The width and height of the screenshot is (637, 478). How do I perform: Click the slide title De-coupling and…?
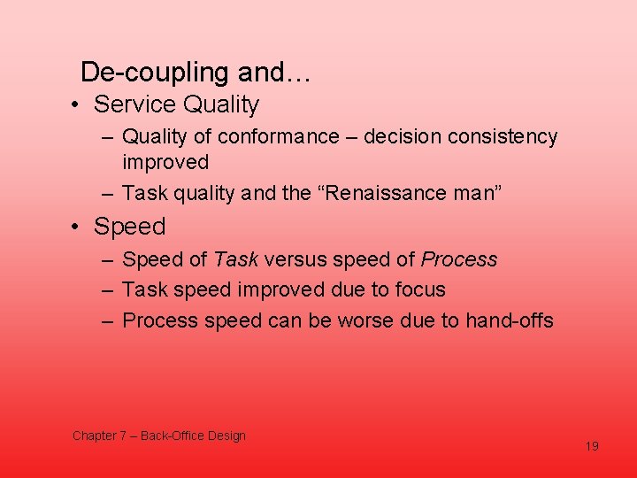click(195, 71)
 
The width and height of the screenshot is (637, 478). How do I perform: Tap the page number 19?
click(592, 446)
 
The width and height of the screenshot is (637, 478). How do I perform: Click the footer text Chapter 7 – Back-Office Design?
click(159, 436)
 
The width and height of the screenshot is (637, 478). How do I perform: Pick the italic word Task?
click(235, 259)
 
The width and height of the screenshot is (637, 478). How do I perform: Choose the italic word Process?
click(459, 259)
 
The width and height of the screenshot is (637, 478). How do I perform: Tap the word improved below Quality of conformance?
click(165, 162)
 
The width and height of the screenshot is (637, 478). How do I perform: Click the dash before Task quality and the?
click(106, 193)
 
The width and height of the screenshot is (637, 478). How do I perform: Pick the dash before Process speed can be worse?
click(106, 320)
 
